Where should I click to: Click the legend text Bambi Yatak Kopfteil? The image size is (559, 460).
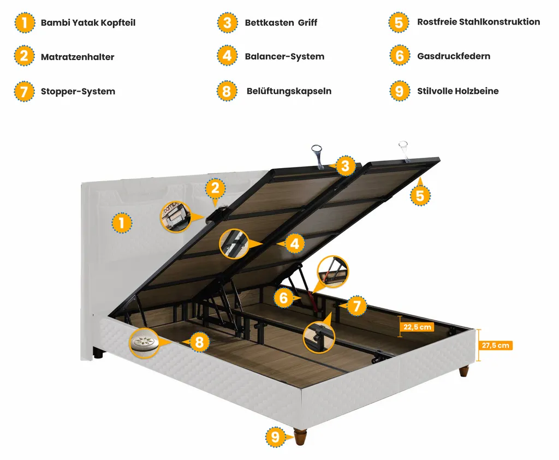point(88,23)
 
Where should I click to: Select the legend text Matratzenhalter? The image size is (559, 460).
point(78,57)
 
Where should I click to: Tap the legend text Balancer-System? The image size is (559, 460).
point(284,56)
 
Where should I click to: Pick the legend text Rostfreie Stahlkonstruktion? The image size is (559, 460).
point(478,22)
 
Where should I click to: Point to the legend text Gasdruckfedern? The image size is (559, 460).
point(454,56)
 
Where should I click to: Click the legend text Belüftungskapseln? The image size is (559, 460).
point(289,91)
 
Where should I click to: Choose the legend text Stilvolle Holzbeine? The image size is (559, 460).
point(457,91)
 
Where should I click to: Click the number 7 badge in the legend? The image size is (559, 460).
point(24,91)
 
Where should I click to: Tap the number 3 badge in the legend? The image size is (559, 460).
point(227,23)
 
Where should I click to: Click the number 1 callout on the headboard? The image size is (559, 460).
point(121,223)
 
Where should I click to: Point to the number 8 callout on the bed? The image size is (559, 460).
point(200,342)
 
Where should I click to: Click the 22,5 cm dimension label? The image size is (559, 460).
point(418,327)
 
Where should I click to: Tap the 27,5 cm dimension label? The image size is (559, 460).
point(496,345)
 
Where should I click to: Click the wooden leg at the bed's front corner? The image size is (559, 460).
point(300,437)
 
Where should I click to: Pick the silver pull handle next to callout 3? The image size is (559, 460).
point(318,153)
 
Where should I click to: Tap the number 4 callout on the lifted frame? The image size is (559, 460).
point(295,243)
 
